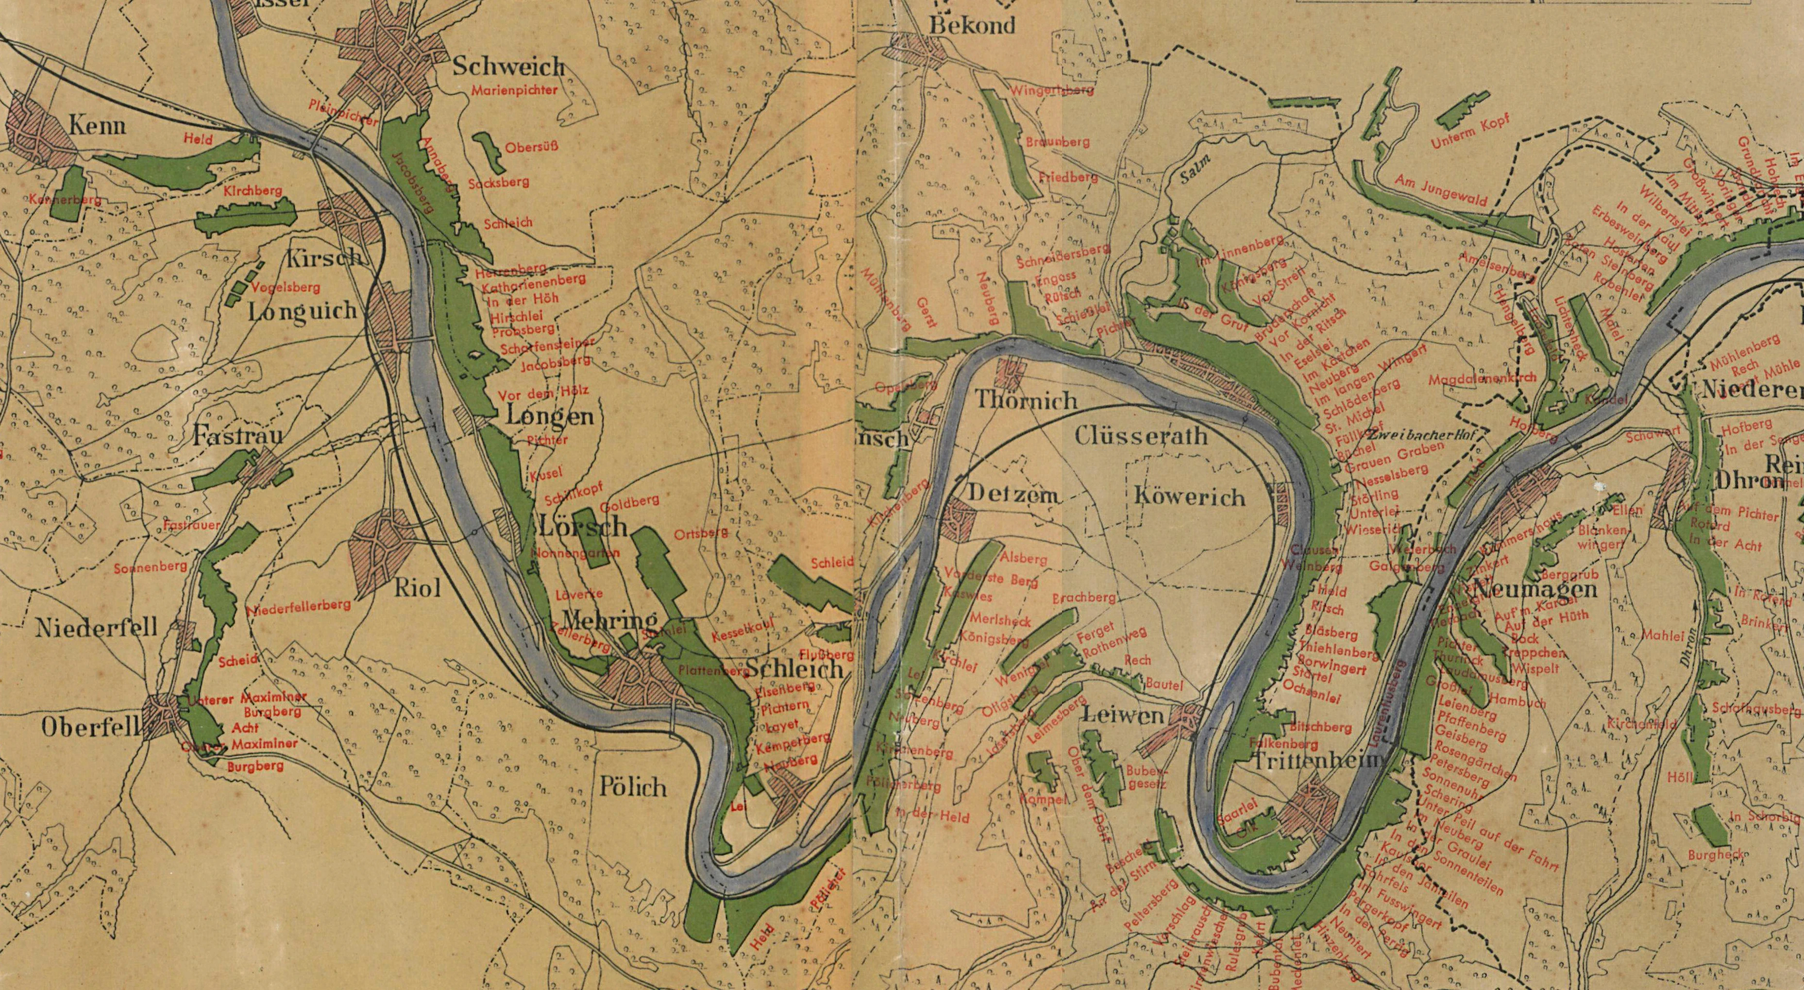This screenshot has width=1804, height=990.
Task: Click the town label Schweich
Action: click(508, 67)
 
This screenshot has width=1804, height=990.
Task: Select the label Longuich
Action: click(303, 312)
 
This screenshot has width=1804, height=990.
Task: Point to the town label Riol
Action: click(418, 587)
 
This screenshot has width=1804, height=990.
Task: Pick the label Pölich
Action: click(632, 787)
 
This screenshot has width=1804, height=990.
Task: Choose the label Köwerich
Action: click(1188, 497)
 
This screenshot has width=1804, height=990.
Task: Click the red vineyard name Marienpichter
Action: click(515, 90)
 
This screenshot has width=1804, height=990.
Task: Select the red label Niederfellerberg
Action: click(298, 607)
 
